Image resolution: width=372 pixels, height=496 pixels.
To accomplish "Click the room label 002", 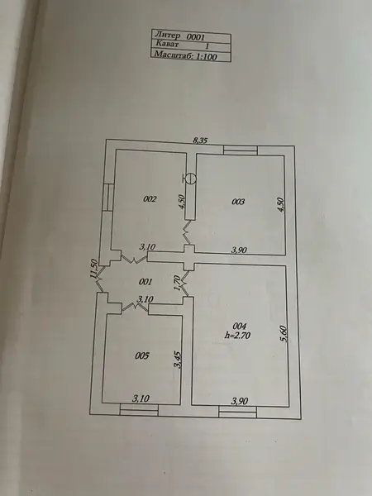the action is pyautogui.click(x=150, y=199).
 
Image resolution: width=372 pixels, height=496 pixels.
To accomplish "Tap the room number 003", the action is pyautogui.click(x=238, y=202).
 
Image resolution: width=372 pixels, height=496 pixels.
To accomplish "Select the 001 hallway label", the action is pyautogui.click(x=145, y=282).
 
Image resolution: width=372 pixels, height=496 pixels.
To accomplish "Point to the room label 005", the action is pyautogui.click(x=141, y=355).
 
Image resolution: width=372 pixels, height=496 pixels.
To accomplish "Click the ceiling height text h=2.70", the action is pyautogui.click(x=237, y=336).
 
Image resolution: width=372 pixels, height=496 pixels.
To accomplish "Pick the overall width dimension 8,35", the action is pyautogui.click(x=201, y=141).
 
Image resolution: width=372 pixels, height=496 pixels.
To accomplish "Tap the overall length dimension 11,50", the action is pyautogui.click(x=93, y=269).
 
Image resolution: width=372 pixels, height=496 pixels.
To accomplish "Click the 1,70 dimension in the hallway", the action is pyautogui.click(x=178, y=283).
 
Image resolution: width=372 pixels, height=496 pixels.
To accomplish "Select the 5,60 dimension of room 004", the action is pyautogui.click(x=284, y=334).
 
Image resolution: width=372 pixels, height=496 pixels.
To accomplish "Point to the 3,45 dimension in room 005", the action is pyautogui.click(x=178, y=360).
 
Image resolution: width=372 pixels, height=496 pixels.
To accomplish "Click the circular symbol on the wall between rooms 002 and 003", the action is pyautogui.click(x=190, y=179).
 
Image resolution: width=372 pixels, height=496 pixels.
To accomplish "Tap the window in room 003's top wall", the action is pyautogui.click(x=241, y=150).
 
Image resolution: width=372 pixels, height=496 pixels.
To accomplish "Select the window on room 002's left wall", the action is pyautogui.click(x=107, y=198).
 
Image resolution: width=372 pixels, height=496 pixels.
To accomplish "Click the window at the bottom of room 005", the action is pyautogui.click(x=139, y=410).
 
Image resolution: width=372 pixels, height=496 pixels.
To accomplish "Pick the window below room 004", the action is pyautogui.click(x=237, y=413).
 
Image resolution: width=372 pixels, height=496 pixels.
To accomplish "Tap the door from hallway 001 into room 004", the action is pyautogui.click(x=184, y=284).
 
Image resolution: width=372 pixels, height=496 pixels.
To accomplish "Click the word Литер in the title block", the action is pyautogui.click(x=168, y=35).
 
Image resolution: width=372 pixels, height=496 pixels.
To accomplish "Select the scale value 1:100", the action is pyautogui.click(x=206, y=56).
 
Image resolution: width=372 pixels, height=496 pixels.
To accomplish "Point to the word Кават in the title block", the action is pyautogui.click(x=167, y=44).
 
